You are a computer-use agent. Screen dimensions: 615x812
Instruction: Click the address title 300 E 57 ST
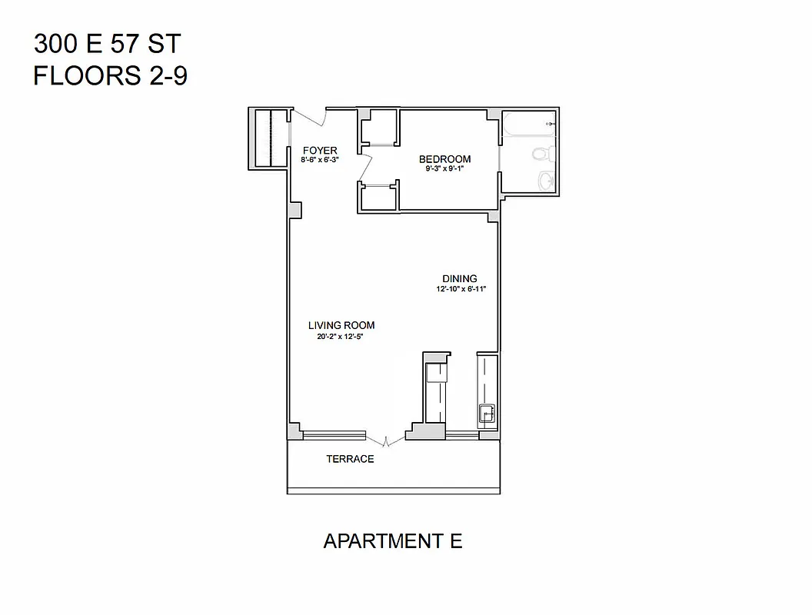[x=107, y=44]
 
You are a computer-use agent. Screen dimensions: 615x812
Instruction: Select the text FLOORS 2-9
[x=110, y=77]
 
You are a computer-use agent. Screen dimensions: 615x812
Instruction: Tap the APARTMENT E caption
[x=393, y=541]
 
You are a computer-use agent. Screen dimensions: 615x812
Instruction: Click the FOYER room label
[x=320, y=150]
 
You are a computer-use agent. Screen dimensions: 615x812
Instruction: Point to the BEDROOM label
[x=444, y=159]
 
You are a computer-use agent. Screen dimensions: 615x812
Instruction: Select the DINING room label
[x=459, y=278]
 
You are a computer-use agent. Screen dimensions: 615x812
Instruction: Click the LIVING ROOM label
[x=341, y=325]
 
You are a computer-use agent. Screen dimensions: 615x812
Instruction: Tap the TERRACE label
[x=350, y=459]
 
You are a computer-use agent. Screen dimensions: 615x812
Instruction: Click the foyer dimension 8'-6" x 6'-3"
[x=320, y=160]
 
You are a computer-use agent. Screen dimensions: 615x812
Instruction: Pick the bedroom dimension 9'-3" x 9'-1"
[x=444, y=168]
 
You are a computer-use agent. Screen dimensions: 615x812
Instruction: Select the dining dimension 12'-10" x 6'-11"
[x=461, y=289]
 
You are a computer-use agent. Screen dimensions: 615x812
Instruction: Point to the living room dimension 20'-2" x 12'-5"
[x=341, y=336]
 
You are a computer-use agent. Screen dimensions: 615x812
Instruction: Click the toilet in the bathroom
[x=541, y=155]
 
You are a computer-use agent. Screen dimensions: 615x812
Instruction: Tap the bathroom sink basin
[x=545, y=181]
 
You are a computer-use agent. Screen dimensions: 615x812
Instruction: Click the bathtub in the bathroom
[x=528, y=124]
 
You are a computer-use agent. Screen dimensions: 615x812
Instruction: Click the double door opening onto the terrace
[x=386, y=441]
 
